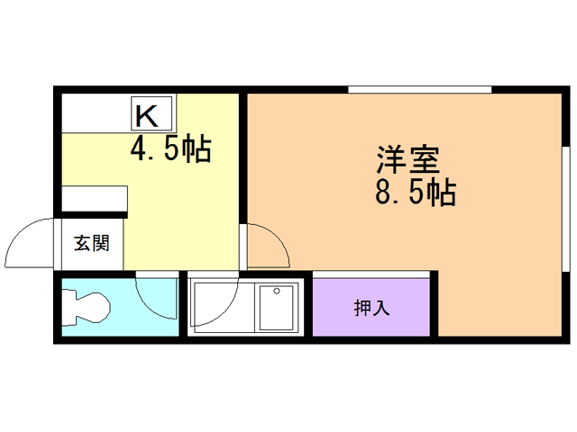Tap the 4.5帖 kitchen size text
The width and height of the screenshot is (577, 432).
(170, 149)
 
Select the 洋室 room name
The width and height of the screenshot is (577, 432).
(407, 159)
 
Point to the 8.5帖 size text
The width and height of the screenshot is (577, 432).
(414, 193)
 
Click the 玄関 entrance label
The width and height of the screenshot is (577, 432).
(91, 243)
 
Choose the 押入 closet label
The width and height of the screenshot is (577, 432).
(371, 307)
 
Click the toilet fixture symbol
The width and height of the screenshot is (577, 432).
(86, 308)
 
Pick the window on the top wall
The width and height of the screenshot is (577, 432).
(419, 89)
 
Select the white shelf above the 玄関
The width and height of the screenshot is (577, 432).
(94, 199)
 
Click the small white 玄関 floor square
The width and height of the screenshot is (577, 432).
(91, 244)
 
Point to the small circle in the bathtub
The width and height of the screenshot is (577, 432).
(277, 291)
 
